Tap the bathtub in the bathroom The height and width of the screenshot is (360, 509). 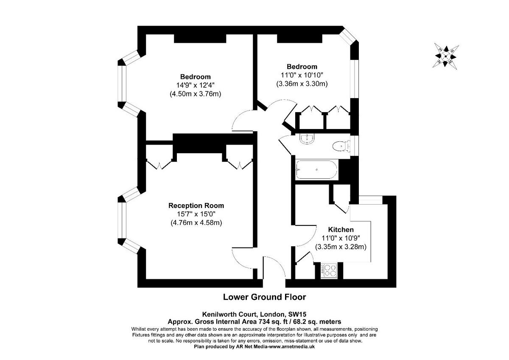point(316,170)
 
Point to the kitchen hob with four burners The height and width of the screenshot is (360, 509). point(329,271)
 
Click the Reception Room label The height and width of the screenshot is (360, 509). point(196,205)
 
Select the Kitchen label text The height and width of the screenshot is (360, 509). point(341,230)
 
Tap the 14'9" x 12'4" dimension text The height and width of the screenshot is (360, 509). point(196,85)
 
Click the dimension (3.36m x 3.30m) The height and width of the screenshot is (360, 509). point(302,84)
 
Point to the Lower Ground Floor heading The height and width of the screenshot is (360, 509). point(264,297)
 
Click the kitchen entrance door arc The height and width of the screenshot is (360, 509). point(304,236)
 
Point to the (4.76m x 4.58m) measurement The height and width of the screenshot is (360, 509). point(196,222)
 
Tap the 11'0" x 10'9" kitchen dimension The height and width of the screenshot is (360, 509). point(341,238)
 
